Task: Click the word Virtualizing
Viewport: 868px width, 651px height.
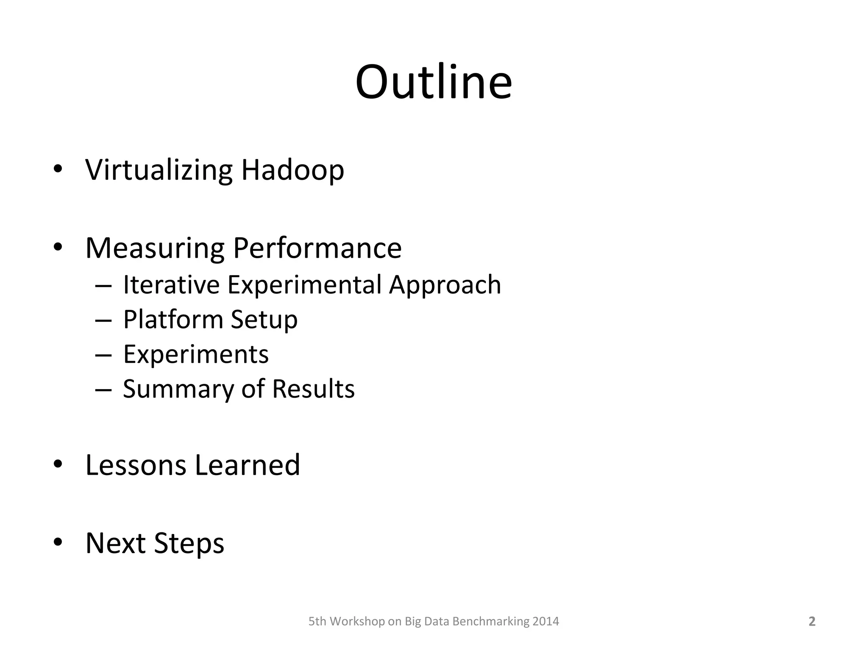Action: [159, 170]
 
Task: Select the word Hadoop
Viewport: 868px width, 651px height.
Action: [292, 170]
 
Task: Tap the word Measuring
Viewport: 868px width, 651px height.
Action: [155, 248]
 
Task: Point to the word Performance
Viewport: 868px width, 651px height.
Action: [317, 248]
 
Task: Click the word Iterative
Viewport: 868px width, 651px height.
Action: [171, 284]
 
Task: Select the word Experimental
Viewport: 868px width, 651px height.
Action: [304, 284]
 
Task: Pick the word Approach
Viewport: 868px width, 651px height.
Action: [445, 285]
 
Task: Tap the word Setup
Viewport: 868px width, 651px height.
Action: [264, 320]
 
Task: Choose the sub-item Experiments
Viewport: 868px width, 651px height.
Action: [196, 354]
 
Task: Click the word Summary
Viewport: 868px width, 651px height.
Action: [178, 389]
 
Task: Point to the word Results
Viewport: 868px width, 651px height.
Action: [313, 389]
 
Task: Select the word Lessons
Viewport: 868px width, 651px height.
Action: [136, 465]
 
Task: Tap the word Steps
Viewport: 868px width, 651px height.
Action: [189, 544]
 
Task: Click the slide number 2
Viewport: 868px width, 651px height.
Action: [812, 621]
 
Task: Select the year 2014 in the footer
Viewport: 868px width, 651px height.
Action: [545, 621]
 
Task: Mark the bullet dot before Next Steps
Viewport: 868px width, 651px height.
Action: [58, 542]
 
